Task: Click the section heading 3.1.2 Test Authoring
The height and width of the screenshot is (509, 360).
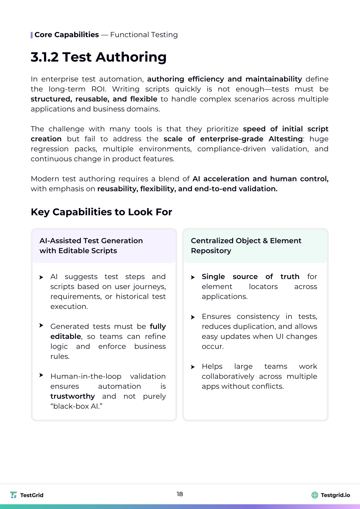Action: (x=98, y=57)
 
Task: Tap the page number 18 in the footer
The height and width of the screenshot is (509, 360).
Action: (x=180, y=494)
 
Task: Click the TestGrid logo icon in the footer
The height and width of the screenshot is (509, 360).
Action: (x=13, y=495)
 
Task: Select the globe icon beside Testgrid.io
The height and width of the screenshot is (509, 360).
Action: (x=315, y=495)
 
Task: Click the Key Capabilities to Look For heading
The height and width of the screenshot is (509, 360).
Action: (x=101, y=212)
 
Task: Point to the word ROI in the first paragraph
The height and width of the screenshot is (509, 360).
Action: (x=98, y=89)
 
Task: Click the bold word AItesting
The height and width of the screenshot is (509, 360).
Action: (x=285, y=139)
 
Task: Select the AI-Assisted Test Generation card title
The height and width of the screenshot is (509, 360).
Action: (x=91, y=245)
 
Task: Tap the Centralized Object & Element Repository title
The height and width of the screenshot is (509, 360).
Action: (x=246, y=245)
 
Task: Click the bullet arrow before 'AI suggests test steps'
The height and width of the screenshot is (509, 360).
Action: (x=41, y=277)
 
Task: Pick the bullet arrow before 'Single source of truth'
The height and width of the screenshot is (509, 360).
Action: (x=193, y=277)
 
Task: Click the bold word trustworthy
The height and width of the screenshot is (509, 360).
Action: (x=72, y=396)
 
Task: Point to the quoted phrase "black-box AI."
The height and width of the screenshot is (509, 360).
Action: (x=76, y=406)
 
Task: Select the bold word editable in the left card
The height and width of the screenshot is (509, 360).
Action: (x=66, y=336)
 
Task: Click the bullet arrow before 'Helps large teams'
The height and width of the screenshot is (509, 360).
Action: (x=193, y=367)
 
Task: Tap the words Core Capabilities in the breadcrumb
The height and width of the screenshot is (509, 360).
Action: (x=66, y=35)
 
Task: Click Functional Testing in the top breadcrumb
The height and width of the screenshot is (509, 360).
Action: (x=144, y=35)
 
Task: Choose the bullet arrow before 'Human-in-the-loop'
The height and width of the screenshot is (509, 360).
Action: (x=41, y=375)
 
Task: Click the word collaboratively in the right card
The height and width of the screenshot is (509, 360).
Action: (x=228, y=376)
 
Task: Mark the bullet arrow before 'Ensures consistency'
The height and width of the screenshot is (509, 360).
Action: (x=193, y=317)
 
